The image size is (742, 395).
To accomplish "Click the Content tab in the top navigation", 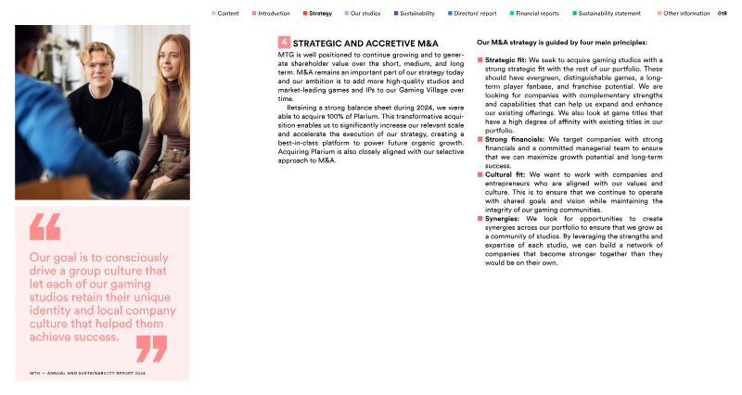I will (x=228, y=14).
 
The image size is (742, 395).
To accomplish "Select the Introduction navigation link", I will (x=274, y=14).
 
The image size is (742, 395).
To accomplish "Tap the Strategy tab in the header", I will (x=320, y=14).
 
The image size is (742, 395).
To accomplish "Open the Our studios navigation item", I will (x=364, y=14).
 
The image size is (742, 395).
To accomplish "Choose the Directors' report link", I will (x=476, y=14).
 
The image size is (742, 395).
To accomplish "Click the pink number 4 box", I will (x=284, y=43).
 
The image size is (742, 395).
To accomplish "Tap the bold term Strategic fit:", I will (x=505, y=59).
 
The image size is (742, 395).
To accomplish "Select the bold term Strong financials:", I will (x=516, y=139).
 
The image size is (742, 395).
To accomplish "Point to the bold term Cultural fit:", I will (x=505, y=174).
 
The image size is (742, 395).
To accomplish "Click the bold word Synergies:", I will (x=503, y=219).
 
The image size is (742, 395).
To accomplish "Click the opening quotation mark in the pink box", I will (x=45, y=227).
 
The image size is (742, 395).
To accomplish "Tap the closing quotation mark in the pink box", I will (x=151, y=348).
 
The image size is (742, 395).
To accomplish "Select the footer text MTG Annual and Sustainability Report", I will (x=88, y=373).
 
